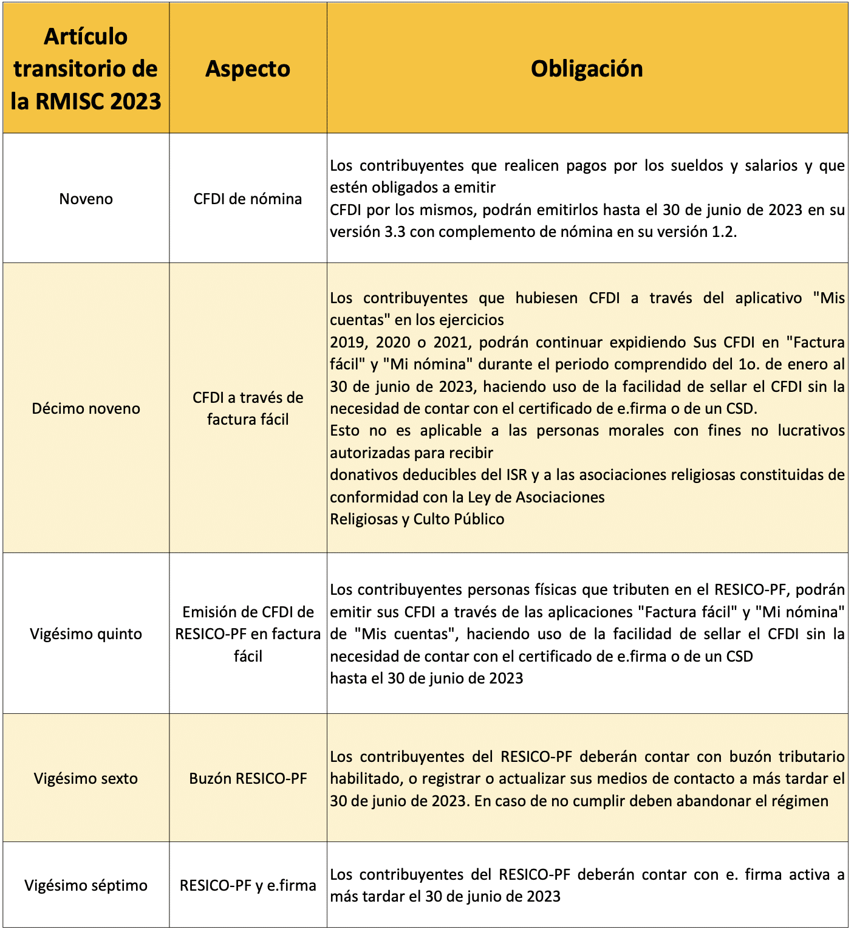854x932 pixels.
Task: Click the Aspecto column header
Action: (x=248, y=69)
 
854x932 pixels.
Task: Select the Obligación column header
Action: (x=587, y=69)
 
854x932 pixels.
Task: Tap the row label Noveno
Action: (x=86, y=199)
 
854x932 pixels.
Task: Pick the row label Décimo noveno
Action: (x=86, y=408)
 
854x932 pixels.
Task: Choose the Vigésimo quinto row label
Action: (x=86, y=634)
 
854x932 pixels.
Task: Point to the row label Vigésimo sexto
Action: (x=86, y=778)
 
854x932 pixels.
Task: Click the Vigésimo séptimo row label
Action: (x=86, y=885)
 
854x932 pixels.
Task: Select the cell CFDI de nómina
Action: (x=248, y=199)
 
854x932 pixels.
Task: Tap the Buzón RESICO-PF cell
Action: (x=248, y=778)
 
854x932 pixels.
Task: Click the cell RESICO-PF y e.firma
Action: (x=248, y=885)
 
